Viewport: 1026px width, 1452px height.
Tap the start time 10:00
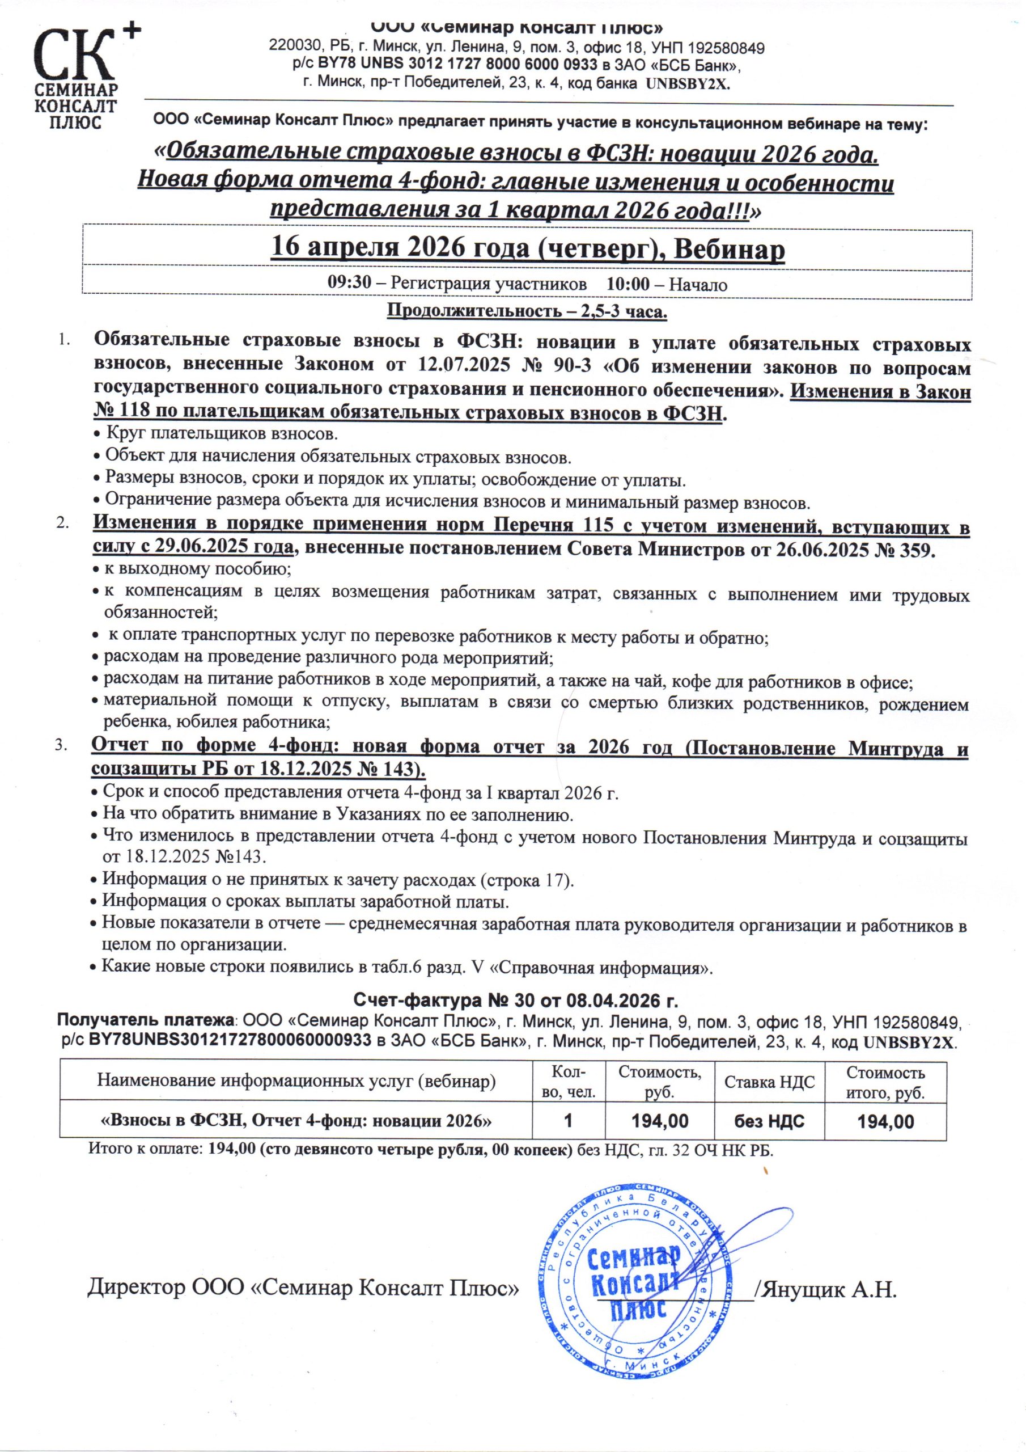click(627, 284)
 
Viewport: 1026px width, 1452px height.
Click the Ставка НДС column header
click(769, 1082)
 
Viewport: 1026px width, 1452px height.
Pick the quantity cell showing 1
click(569, 1121)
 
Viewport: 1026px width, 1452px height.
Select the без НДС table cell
click(769, 1122)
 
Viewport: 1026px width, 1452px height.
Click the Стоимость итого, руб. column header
click(885, 1082)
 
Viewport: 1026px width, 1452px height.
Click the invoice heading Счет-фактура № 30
click(515, 1001)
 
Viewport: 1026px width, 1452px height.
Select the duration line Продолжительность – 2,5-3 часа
click(527, 311)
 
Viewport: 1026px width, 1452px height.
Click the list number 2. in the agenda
click(62, 525)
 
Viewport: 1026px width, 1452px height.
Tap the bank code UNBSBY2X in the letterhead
click(686, 83)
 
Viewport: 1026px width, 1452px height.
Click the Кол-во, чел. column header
click(569, 1082)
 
